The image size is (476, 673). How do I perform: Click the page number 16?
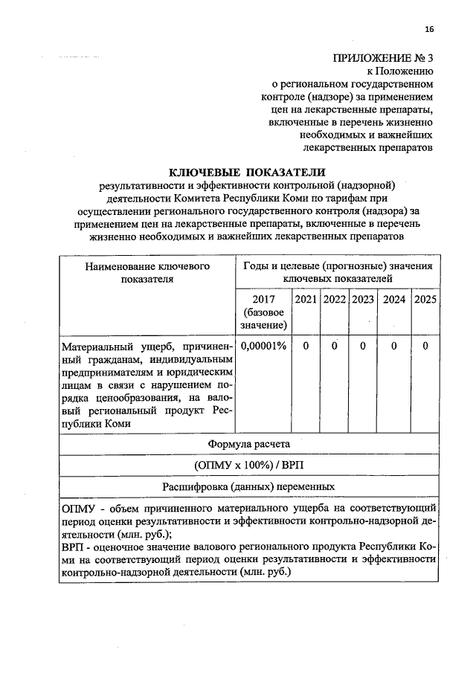pos(428,29)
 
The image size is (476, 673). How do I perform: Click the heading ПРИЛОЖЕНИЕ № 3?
pos(382,58)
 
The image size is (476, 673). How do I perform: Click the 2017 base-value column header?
pos(263,312)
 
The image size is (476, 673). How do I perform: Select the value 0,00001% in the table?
pos(263,347)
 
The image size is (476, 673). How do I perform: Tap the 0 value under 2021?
pos(304,347)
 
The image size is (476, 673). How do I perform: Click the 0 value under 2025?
pos(425,347)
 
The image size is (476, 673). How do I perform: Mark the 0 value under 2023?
pos(363,347)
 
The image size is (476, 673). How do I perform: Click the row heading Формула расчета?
pos(248,444)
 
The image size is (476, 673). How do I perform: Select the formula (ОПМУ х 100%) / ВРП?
pos(248,466)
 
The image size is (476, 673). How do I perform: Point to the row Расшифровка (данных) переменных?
pos(248,487)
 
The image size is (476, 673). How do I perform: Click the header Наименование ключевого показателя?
pos(147,272)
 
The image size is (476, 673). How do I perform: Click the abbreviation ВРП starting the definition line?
pos(74,547)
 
